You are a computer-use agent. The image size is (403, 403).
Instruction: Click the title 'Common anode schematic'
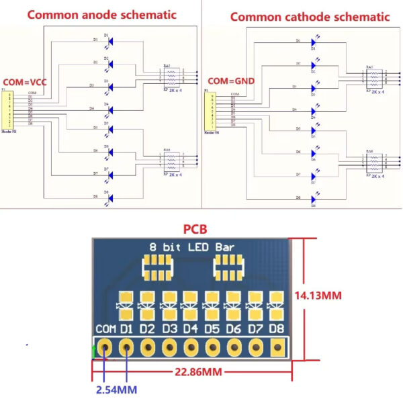point(102,14)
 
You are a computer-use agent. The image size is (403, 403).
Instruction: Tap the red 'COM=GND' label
point(231,81)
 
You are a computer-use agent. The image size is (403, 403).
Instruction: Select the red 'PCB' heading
point(196,230)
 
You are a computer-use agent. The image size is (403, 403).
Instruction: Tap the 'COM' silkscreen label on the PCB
point(105,330)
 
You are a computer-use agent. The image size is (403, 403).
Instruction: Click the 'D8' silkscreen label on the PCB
point(277,330)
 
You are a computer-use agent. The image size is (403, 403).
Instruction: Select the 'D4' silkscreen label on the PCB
point(191,330)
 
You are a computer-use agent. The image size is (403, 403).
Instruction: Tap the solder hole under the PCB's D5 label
point(212,347)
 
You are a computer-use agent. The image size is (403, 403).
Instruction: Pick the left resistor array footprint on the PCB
point(158,269)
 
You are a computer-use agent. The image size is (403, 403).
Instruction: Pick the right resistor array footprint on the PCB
point(228,269)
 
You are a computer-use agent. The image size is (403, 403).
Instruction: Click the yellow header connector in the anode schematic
point(8,110)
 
